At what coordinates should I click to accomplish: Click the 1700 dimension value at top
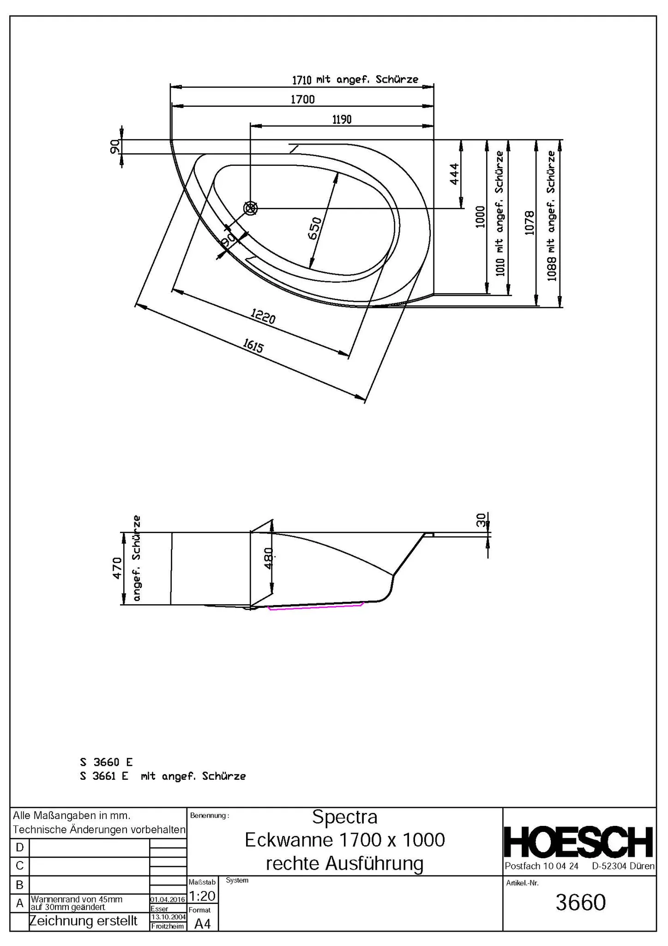[302, 99]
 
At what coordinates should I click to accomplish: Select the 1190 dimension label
[342, 120]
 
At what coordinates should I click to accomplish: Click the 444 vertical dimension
[454, 174]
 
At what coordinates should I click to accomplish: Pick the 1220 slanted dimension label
[263, 316]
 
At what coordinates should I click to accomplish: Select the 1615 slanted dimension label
[253, 346]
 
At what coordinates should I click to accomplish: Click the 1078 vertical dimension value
[530, 223]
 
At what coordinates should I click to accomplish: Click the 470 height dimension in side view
[117, 568]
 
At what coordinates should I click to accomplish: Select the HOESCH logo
[579, 842]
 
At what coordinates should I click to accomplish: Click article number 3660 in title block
[580, 902]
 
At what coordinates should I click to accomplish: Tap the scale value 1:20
[202, 896]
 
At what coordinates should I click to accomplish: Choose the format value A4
[202, 923]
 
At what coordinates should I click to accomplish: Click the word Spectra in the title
[344, 817]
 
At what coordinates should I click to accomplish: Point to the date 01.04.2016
[168, 899]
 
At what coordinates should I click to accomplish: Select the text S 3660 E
[106, 762]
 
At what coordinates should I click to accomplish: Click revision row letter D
[19, 848]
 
